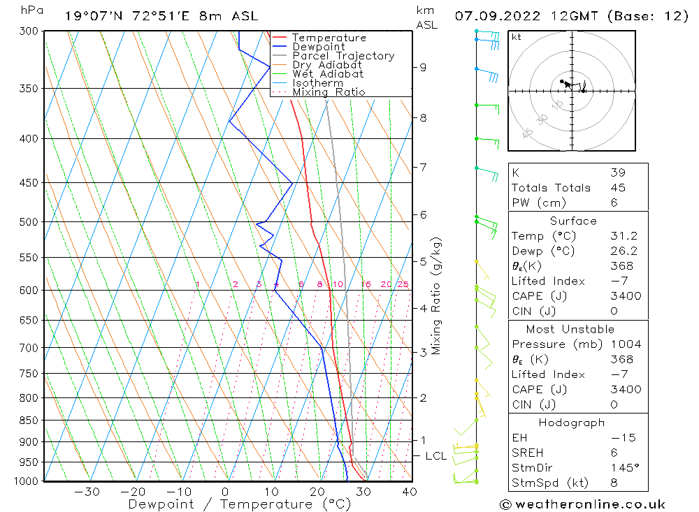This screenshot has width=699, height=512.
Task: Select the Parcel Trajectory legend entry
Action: [343, 56]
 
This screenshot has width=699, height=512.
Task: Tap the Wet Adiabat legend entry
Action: [328, 74]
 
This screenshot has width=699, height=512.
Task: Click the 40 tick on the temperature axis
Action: [410, 492]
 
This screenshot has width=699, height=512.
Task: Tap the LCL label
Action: [435, 456]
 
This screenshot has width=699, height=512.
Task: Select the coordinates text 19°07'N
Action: [92, 15]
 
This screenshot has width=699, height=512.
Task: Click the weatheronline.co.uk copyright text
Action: [582, 504]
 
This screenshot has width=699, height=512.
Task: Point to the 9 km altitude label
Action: [423, 67]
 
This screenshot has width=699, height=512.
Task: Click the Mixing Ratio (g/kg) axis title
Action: [437, 296]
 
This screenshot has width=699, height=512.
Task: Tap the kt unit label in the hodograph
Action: [517, 38]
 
